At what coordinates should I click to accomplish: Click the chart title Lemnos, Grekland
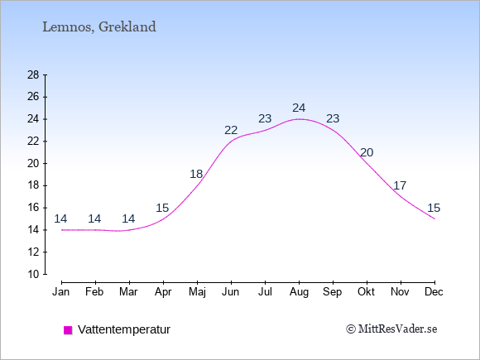(99, 27)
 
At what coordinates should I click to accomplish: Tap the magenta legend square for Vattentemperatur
(68, 330)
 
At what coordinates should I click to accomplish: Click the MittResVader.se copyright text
(391, 329)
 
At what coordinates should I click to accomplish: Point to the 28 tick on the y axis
(33, 74)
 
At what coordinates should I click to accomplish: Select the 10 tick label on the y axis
(33, 274)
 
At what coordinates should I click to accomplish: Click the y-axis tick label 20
(33, 164)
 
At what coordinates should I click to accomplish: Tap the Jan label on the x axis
(61, 292)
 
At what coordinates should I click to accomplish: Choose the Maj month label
(197, 292)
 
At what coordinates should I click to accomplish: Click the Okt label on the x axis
(366, 292)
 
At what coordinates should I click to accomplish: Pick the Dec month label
(434, 292)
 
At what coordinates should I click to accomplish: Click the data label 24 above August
(299, 108)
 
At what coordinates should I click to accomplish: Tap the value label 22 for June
(231, 131)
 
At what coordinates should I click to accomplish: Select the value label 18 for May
(196, 174)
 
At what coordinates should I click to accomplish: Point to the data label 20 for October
(367, 152)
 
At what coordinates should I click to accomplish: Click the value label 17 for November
(400, 185)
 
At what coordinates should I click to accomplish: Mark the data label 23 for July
(265, 118)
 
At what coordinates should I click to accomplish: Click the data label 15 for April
(162, 209)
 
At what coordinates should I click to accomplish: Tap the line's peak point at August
(299, 119)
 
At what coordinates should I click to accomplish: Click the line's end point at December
(434, 218)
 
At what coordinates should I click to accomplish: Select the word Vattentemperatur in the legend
(124, 329)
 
